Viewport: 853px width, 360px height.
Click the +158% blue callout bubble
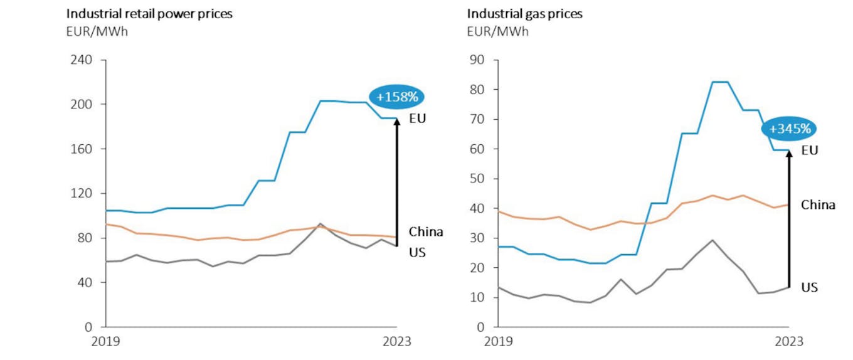pyautogui.click(x=397, y=97)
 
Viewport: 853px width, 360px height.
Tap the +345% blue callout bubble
pyautogui.click(x=789, y=129)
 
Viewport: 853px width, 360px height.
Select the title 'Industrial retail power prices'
pyautogui.click(x=149, y=14)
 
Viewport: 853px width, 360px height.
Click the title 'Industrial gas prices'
pyautogui.click(x=524, y=14)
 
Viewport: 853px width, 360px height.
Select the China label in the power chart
pyautogui.click(x=426, y=231)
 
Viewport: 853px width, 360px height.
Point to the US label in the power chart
pyautogui.click(x=417, y=253)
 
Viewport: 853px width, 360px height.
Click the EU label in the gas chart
pyautogui.click(x=810, y=150)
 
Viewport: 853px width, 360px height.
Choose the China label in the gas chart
pyautogui.click(x=818, y=205)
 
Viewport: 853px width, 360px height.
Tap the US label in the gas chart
pyautogui.click(x=810, y=287)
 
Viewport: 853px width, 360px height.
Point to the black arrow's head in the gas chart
pyautogui.click(x=789, y=154)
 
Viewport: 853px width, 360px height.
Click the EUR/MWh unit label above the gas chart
pyautogui.click(x=497, y=31)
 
